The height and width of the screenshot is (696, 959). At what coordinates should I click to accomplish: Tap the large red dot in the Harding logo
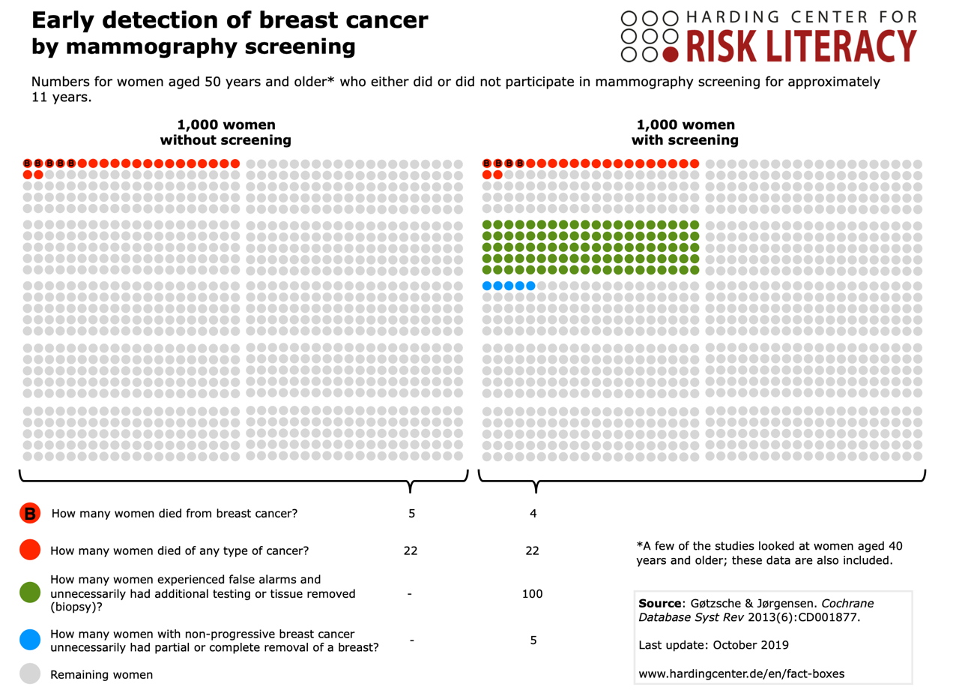coord(671,53)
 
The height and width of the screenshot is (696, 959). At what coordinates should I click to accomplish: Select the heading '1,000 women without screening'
coord(225,133)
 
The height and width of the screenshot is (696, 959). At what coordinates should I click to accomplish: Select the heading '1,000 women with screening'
coord(685,133)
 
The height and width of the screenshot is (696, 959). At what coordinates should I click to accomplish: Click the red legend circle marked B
coord(31,514)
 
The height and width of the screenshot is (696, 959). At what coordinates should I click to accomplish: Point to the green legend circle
coord(31,592)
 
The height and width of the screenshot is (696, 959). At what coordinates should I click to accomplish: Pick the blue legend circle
coord(31,640)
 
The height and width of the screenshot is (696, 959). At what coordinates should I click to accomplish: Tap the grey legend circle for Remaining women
coord(31,674)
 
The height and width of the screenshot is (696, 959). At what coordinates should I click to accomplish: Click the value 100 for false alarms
coord(533,594)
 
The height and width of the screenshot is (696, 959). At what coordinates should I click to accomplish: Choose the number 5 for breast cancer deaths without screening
coord(411,514)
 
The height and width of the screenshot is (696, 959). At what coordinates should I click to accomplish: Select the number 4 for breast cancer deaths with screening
coord(533,514)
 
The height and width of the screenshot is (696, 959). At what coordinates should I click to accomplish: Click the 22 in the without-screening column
coord(411,550)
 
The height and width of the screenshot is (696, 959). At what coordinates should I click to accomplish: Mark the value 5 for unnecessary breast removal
coord(533,640)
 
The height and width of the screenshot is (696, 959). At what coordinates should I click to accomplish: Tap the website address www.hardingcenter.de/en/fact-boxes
coord(741,673)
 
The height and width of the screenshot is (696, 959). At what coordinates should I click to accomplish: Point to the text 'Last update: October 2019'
coord(709,645)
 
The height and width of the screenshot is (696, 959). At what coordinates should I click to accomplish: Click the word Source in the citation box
coord(659,603)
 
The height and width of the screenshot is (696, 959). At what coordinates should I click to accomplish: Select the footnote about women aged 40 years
coord(765,553)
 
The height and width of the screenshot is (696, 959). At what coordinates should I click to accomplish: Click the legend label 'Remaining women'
coord(101,674)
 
